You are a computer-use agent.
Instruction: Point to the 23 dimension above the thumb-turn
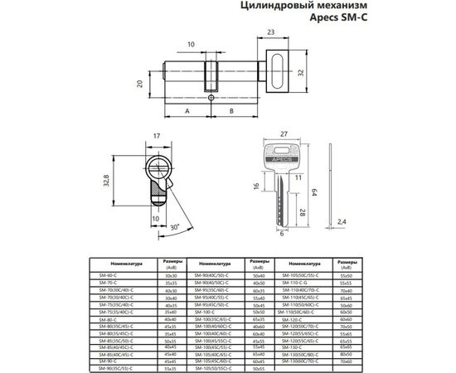[270, 33]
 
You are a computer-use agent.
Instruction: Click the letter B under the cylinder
[230, 110]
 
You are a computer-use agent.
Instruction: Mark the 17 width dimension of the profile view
[158, 138]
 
